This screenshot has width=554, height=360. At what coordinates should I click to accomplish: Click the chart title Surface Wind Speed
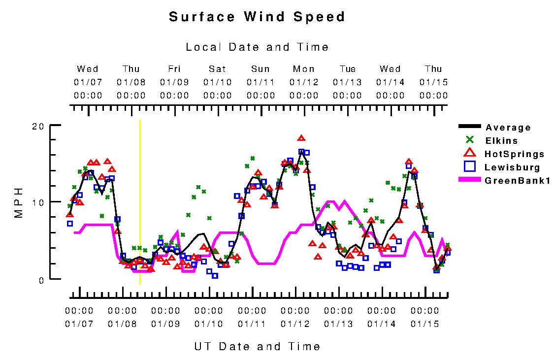click(257, 17)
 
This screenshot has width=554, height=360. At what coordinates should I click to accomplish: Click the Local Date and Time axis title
click(257, 47)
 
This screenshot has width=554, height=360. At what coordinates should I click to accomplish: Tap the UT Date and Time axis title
click(257, 346)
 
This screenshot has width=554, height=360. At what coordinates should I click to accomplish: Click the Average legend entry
click(508, 128)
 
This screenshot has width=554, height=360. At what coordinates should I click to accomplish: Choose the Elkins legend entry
click(501, 141)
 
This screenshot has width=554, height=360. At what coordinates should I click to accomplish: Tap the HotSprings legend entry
click(514, 154)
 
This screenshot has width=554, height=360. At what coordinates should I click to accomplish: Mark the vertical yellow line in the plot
click(140, 202)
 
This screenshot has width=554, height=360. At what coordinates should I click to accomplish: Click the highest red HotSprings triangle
click(301, 138)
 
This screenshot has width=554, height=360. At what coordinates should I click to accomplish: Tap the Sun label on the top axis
click(261, 69)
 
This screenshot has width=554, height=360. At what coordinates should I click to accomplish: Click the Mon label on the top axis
click(303, 69)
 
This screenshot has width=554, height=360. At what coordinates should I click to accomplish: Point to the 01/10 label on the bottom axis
click(209, 324)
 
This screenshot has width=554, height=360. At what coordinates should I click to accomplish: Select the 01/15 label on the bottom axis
click(424, 324)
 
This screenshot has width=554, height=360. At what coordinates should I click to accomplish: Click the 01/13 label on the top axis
click(347, 82)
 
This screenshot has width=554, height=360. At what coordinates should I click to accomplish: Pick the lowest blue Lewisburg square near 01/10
click(215, 276)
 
